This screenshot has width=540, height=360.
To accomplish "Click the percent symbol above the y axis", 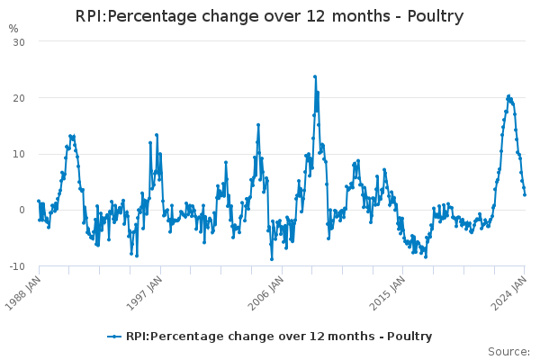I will [x=13, y=29].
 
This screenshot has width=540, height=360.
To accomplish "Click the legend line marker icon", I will [x=114, y=337].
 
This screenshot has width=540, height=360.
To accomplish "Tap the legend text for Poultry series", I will [x=279, y=337].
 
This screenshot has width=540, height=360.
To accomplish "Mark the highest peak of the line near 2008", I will [x=315, y=76].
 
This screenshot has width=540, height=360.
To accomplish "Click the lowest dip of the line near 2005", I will [x=272, y=259].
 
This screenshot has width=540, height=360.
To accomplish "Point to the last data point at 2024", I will [x=525, y=194].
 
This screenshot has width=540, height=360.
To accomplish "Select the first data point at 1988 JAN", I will [x=39, y=201].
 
